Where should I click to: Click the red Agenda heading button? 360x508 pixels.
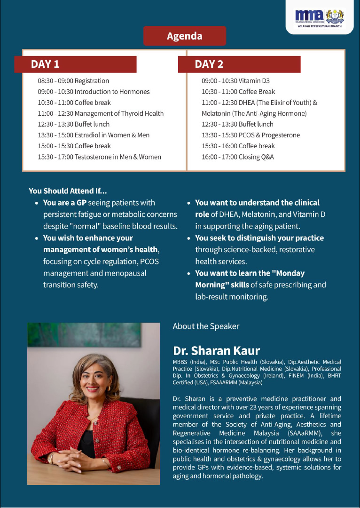pos(184,36)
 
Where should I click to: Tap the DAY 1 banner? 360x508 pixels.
pos(75,64)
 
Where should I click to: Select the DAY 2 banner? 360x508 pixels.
pos(239,64)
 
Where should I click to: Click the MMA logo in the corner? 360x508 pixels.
pos(320,17)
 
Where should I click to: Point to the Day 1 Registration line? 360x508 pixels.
pos(73,81)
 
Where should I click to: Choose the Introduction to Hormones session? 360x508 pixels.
pos(94,92)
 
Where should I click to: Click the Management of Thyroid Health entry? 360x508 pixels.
pos(101,113)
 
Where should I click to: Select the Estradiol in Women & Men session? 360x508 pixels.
pos(94,135)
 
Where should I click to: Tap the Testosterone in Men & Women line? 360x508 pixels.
pos(99,157)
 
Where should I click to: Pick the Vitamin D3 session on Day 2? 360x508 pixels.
pos(235,81)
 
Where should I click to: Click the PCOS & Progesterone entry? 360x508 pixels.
pos(250,135)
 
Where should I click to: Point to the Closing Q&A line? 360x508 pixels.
pos(237,157)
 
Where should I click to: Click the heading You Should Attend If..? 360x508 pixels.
pos(68,191)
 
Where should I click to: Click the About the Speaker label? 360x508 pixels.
pos(206,326)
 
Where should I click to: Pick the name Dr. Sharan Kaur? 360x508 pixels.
pos(216,351)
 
